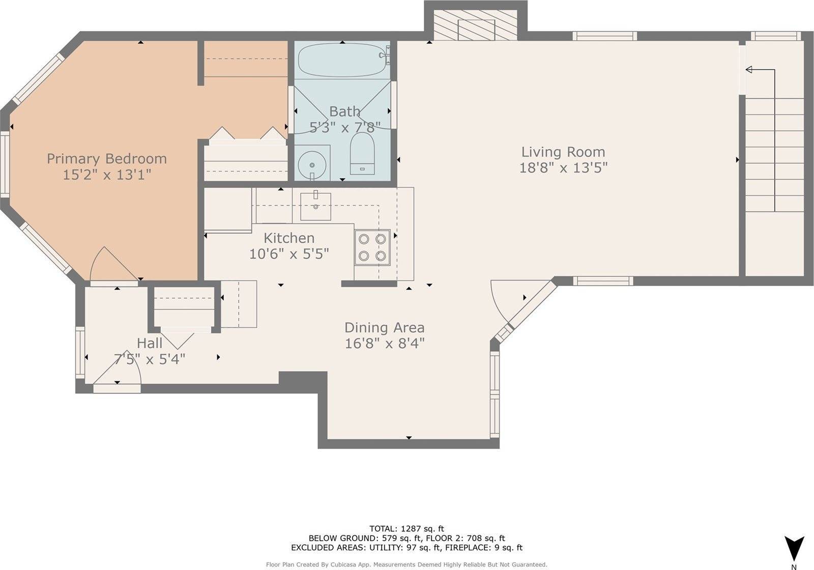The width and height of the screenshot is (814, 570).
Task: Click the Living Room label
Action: (x=563, y=152)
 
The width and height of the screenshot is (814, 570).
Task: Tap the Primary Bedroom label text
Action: (x=107, y=159)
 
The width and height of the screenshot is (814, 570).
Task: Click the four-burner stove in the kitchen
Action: (x=372, y=247)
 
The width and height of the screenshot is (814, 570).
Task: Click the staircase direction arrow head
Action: (x=749, y=70)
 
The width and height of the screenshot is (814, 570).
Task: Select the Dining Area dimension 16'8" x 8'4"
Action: (x=385, y=344)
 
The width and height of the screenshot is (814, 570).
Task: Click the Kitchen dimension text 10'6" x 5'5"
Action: (x=289, y=253)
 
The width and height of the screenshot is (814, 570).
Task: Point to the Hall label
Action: (x=150, y=343)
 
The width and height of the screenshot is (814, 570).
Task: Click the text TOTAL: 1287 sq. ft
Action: (x=406, y=529)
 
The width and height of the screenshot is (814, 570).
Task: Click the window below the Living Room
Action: (x=603, y=281)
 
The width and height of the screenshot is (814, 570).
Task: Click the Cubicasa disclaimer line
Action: (x=406, y=564)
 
